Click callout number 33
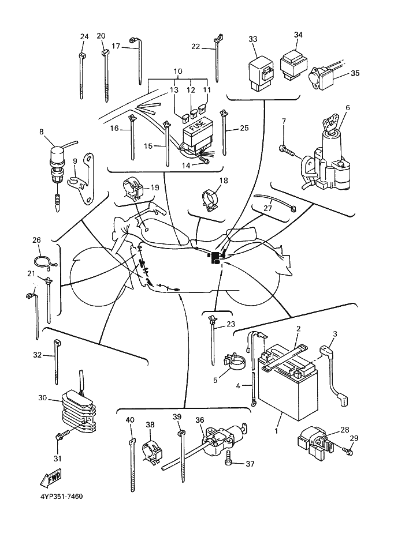(252, 39)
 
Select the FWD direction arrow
(51, 478)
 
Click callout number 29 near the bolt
(354, 438)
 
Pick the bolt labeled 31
(59, 439)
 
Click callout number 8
(42, 132)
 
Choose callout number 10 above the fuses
(177, 72)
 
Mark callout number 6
(348, 108)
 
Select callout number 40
(130, 420)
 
